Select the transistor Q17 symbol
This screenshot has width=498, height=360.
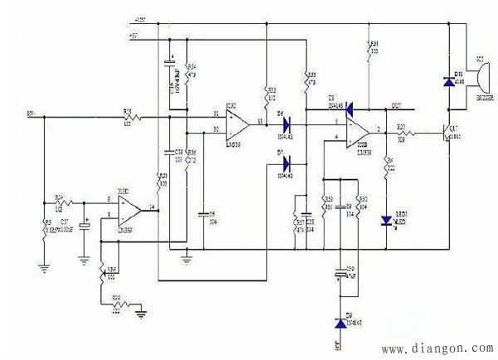tap(447, 134)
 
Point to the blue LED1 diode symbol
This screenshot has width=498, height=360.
tap(387, 220)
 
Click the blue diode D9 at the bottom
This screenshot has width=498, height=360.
tap(338, 323)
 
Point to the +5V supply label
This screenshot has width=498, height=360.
tap(134, 36)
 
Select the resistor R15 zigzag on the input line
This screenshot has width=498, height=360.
tap(129, 117)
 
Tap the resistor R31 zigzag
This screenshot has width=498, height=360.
tap(369, 49)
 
